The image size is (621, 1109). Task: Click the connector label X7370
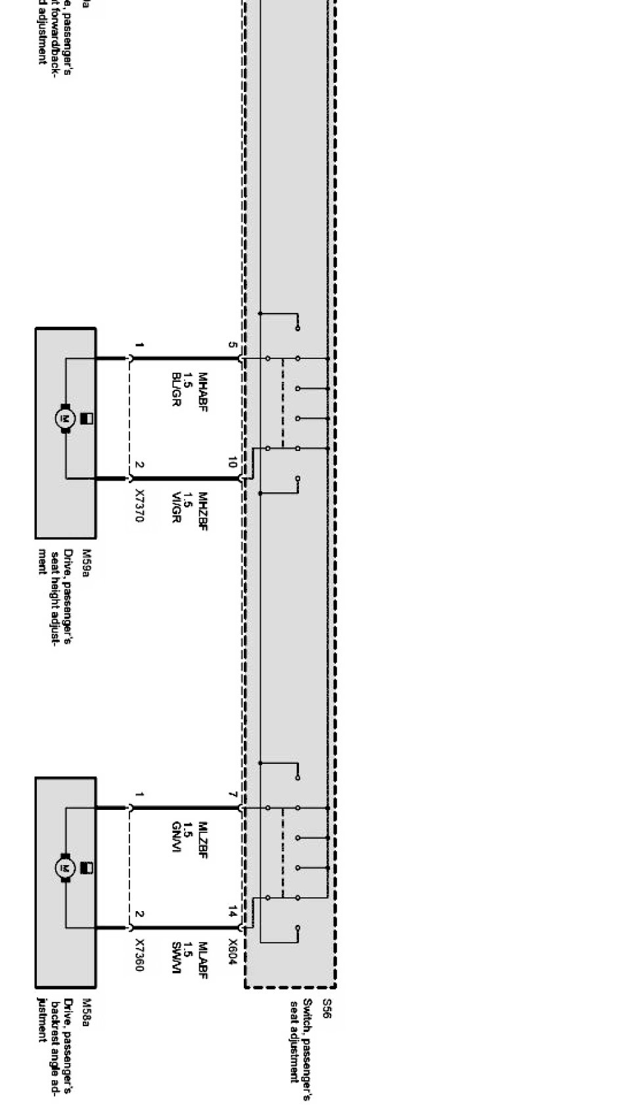click(x=139, y=505)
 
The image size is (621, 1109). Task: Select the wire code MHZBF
click(x=202, y=511)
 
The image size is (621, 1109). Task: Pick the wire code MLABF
click(x=202, y=960)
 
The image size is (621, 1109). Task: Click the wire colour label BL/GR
click(x=175, y=389)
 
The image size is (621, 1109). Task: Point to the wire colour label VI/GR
click(x=175, y=507)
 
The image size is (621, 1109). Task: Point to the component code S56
click(x=327, y=1009)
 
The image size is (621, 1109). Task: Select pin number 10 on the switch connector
click(x=232, y=463)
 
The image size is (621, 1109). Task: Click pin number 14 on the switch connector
click(x=232, y=912)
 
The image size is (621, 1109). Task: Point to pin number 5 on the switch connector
click(x=232, y=344)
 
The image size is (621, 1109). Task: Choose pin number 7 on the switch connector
click(x=232, y=794)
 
